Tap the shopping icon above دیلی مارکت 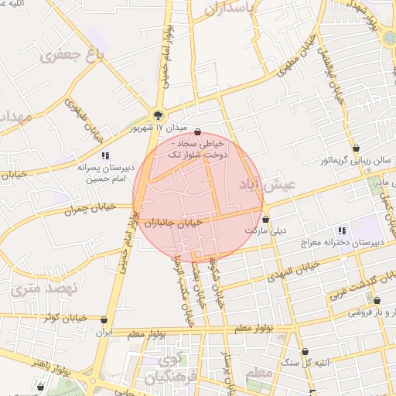coord(265,219)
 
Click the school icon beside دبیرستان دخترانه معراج coord(342,230)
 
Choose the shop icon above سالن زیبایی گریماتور coord(355,148)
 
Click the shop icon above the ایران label coord(104,319)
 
